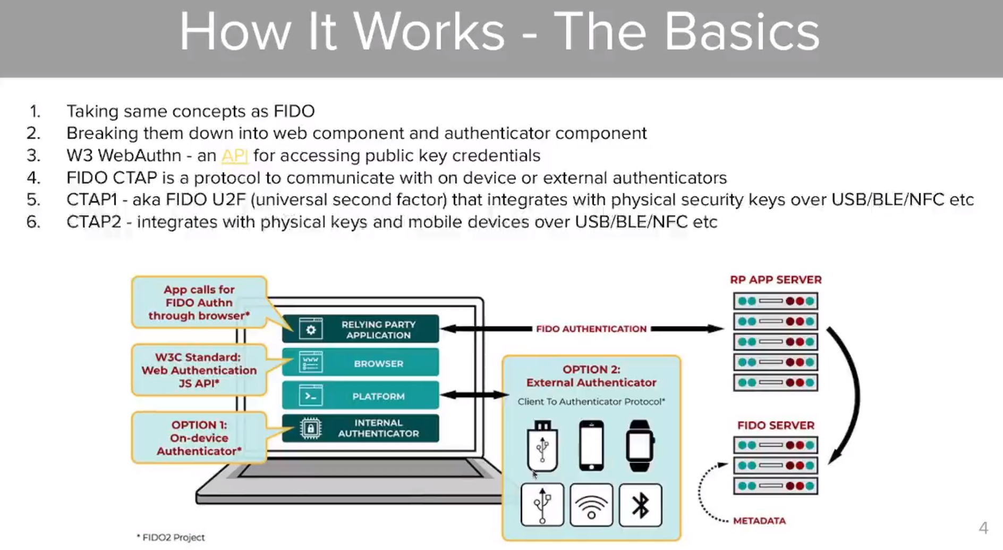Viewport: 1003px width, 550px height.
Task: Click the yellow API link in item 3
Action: (x=234, y=155)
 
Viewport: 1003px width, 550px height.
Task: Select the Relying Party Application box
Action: (x=360, y=329)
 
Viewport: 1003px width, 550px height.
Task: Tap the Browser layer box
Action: (x=360, y=363)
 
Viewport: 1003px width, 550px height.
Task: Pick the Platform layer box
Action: (x=360, y=396)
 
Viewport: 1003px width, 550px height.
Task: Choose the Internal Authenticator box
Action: (x=360, y=428)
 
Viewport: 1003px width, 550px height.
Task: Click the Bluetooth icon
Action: (x=640, y=505)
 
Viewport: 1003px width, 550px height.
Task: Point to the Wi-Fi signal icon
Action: (x=591, y=505)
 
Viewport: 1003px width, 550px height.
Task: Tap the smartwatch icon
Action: (x=640, y=446)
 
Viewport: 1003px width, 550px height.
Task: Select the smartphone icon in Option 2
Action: (x=591, y=446)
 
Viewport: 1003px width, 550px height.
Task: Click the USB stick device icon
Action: (x=542, y=446)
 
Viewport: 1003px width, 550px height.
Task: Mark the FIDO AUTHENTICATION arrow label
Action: (x=591, y=329)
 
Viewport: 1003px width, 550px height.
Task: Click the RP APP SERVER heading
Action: (x=776, y=280)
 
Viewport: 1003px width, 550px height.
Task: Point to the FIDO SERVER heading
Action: (x=776, y=426)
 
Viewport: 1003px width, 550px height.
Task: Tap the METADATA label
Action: (x=759, y=521)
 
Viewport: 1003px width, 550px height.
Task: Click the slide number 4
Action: (x=983, y=528)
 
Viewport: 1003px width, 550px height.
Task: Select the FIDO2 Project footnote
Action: (x=171, y=537)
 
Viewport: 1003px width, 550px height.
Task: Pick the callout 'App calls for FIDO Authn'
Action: (x=199, y=302)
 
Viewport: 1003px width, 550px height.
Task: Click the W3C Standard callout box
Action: (x=199, y=370)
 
